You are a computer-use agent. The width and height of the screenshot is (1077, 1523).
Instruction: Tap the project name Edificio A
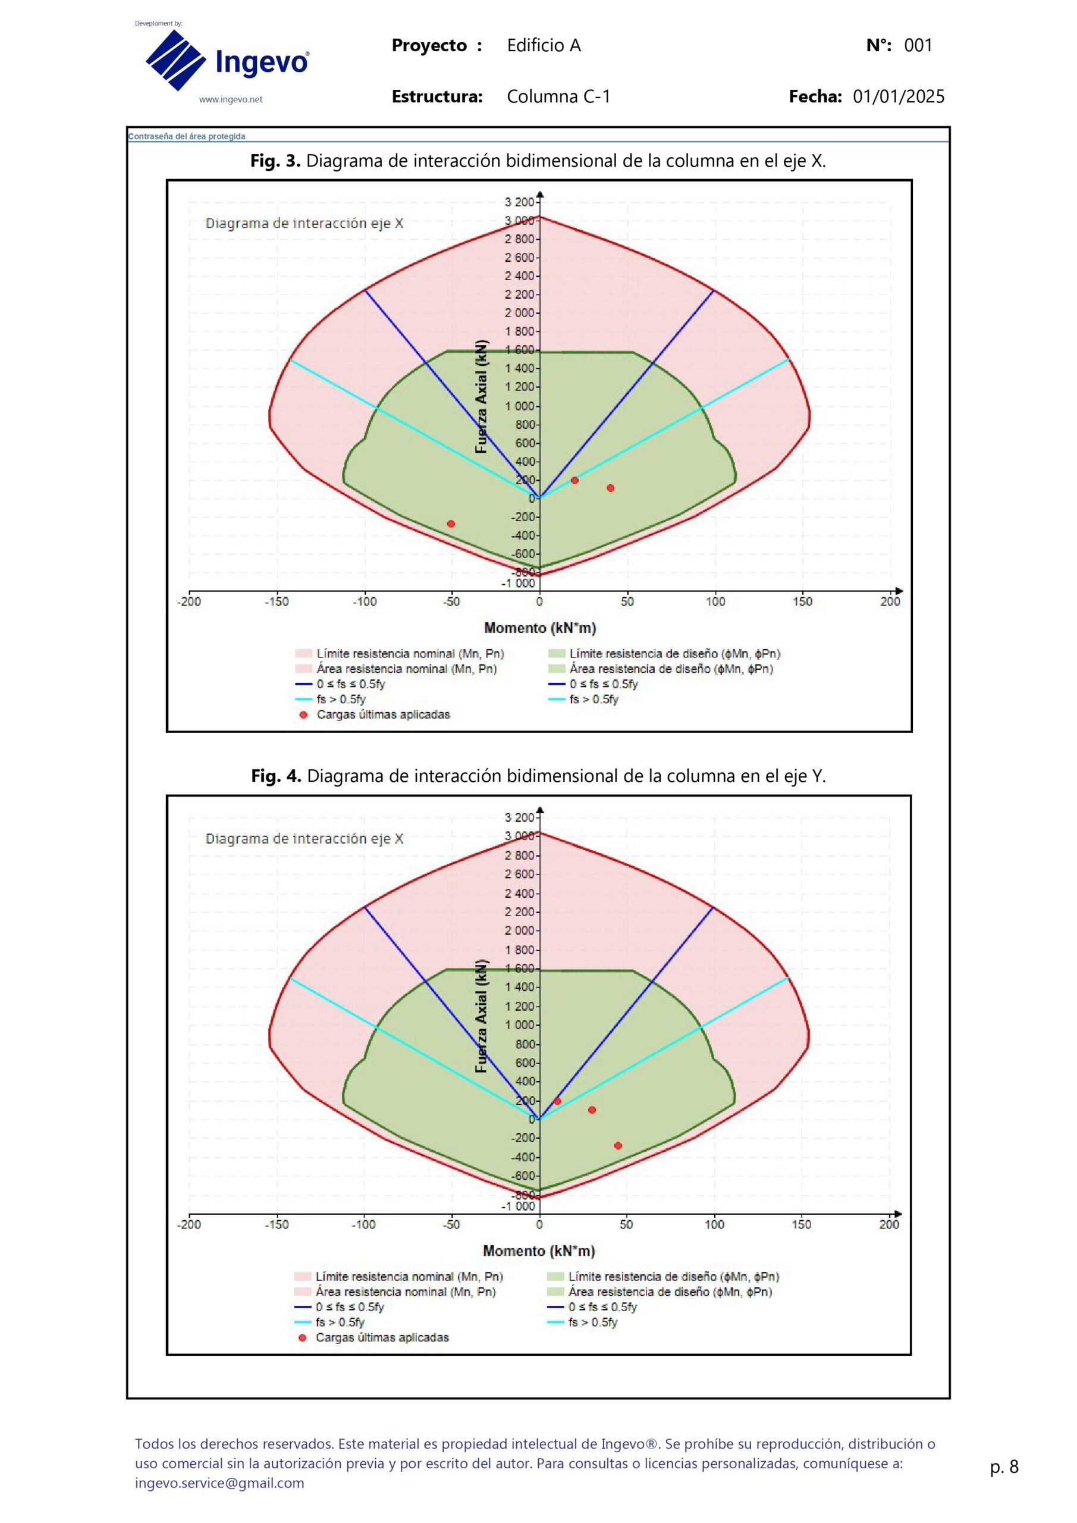(544, 46)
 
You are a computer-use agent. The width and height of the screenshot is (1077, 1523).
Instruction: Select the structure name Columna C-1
(558, 97)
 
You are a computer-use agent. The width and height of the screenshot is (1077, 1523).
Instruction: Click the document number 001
(918, 46)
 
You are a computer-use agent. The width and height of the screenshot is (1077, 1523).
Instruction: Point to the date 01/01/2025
(899, 97)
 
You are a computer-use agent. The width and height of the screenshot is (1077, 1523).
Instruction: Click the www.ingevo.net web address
(231, 100)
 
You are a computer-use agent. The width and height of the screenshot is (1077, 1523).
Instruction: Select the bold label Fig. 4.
(276, 776)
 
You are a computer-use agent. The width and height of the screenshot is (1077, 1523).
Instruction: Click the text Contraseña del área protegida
(187, 137)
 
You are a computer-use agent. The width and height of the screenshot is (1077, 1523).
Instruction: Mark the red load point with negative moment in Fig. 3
(451, 524)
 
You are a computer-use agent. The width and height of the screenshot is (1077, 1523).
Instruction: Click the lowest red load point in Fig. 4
(618, 1146)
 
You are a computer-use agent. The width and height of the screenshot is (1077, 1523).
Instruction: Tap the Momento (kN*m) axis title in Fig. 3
(540, 628)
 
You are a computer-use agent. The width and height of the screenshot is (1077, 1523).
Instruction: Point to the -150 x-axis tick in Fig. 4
(277, 1224)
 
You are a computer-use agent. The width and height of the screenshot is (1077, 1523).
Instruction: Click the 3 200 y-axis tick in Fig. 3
(519, 202)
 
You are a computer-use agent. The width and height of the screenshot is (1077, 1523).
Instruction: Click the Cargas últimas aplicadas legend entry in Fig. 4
(381, 1338)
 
